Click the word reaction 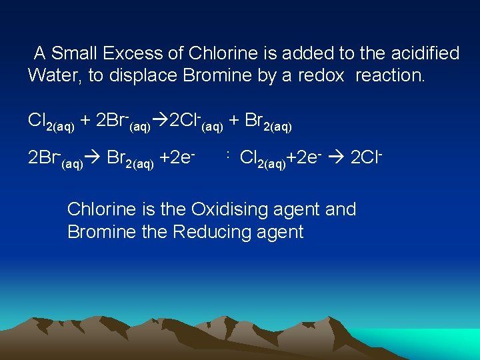tap(389, 75)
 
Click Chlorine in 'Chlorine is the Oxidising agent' tap(103, 209)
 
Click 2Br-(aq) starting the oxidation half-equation tap(55, 159)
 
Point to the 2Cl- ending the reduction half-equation tap(366, 159)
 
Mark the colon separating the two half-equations tap(227, 156)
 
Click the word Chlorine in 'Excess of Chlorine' tap(221, 53)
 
